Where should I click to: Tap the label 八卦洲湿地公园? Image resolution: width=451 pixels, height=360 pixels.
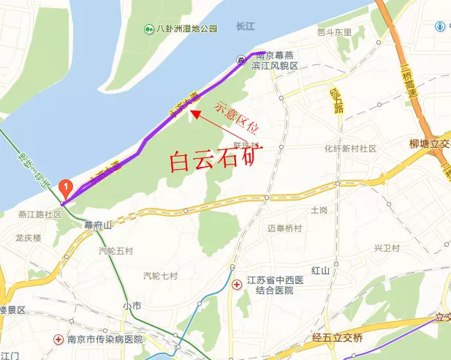[x=188, y=29]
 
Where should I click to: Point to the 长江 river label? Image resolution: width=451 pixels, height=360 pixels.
[x=244, y=26]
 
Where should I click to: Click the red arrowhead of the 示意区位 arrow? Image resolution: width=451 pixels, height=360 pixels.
[x=194, y=113]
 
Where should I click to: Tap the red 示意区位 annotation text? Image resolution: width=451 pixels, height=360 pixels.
[x=237, y=117]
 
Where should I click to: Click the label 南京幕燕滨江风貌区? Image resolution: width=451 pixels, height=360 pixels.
[x=275, y=60]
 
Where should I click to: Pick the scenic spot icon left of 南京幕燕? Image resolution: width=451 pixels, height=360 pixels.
[x=240, y=59]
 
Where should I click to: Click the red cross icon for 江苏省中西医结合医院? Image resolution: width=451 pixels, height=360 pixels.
[x=236, y=284]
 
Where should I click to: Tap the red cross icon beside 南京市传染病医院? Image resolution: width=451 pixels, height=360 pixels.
[x=58, y=340]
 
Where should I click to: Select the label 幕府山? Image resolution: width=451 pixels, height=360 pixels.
[x=97, y=225]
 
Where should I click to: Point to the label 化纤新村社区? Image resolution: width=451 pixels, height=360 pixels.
[x=350, y=149]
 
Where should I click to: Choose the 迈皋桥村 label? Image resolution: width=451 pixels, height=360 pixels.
[x=284, y=228]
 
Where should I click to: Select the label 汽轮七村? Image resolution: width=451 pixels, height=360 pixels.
[x=160, y=276]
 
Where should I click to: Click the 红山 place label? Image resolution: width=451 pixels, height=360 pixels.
[x=321, y=270]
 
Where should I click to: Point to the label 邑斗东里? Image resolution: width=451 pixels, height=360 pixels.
[x=334, y=32]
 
